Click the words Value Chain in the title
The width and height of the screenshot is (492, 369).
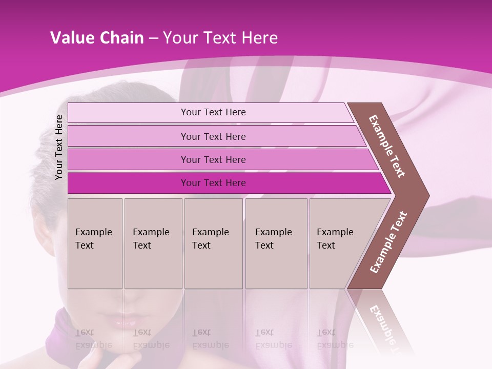click(x=97, y=38)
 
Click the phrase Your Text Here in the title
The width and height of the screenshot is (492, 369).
click(x=220, y=38)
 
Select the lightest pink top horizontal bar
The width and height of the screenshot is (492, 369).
click(x=213, y=112)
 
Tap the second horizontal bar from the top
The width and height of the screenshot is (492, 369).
click(x=213, y=136)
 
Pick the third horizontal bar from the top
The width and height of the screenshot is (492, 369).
click(x=213, y=159)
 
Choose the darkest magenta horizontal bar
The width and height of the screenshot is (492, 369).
click(x=213, y=183)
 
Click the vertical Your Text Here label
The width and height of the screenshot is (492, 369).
click(x=59, y=147)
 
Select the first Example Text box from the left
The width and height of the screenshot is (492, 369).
click(x=95, y=243)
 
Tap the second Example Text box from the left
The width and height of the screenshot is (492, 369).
click(x=153, y=243)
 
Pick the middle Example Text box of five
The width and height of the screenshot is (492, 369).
click(x=213, y=243)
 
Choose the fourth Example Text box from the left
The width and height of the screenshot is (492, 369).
click(x=276, y=243)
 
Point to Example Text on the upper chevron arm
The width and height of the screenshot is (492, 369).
click(x=387, y=146)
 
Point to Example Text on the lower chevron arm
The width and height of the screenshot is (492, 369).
click(x=388, y=242)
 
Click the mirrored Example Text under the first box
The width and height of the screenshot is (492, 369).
click(x=93, y=339)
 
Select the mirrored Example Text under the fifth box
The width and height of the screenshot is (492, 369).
click(x=334, y=339)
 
